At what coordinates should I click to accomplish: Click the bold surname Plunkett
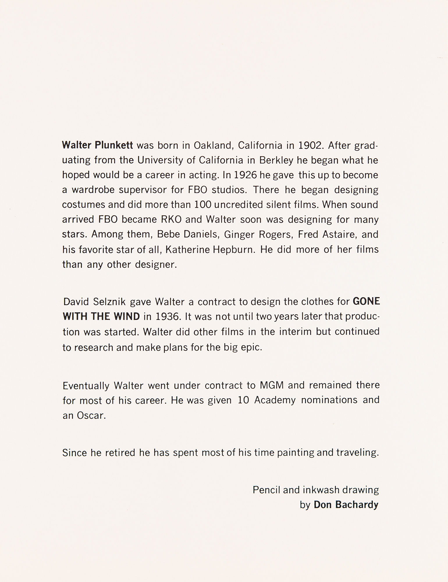pos(114,145)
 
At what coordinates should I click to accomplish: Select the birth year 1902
pos(311,145)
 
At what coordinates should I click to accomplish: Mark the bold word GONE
pos(366,301)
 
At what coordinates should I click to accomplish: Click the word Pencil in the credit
pos(266,490)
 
